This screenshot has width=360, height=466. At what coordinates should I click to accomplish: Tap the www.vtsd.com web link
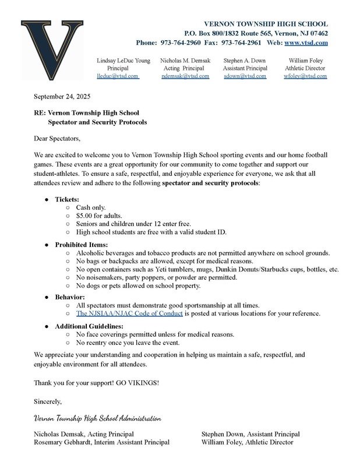click(305, 43)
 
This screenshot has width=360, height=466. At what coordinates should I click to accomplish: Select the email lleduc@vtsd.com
click(117, 76)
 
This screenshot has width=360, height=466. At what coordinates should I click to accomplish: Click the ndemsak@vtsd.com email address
click(185, 76)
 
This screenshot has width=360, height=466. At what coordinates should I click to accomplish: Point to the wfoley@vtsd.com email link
click(305, 76)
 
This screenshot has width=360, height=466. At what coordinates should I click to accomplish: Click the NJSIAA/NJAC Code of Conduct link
click(129, 313)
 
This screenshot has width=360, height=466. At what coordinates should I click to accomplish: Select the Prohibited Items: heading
click(82, 244)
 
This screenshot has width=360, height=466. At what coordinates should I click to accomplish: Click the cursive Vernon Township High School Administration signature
click(97, 419)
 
